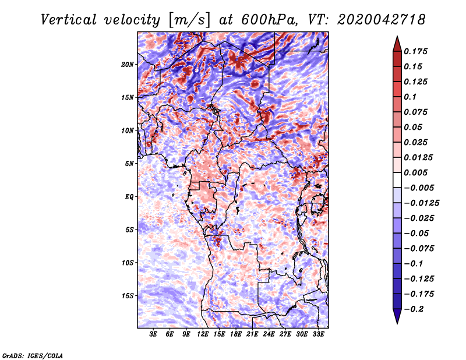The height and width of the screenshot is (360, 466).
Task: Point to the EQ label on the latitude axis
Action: point(129,197)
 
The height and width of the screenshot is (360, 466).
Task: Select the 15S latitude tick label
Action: point(128,296)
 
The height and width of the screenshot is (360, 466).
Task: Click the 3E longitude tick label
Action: point(154,335)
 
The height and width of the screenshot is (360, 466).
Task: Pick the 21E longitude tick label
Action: point(252,335)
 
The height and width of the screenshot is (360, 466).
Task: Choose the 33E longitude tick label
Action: point(318,335)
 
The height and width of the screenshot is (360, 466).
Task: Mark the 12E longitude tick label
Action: point(203,335)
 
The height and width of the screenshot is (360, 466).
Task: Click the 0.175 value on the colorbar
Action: point(417,51)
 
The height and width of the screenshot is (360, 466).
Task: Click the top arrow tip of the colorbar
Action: point(397,37)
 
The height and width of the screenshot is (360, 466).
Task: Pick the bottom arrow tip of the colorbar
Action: point(397,322)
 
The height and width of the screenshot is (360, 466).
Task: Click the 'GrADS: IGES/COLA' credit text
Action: point(32,355)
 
